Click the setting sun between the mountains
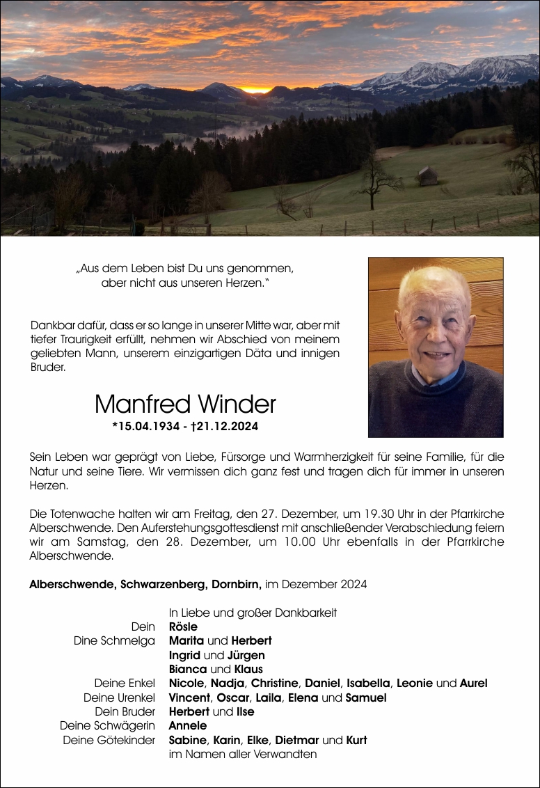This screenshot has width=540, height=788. click(x=255, y=89)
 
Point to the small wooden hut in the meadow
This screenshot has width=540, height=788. click(x=428, y=176)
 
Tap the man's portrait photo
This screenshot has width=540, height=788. click(x=436, y=347)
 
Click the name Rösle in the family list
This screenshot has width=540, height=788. click(x=183, y=627)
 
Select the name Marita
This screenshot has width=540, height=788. click(x=186, y=640)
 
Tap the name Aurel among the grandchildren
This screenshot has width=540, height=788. click(x=473, y=683)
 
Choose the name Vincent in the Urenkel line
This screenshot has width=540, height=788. click(x=189, y=698)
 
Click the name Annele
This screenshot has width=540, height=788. click(x=187, y=725)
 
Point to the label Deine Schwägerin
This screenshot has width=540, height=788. click(x=107, y=725)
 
